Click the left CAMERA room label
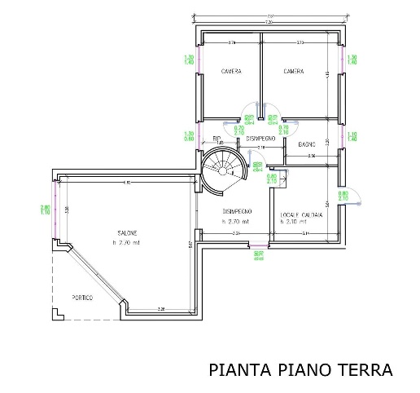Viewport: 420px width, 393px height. (232, 72)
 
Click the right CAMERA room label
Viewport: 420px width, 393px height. (293, 72)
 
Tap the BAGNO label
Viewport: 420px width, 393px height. (306, 144)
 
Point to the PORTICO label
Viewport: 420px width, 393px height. (81, 298)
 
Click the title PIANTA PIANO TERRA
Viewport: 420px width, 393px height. (300, 370)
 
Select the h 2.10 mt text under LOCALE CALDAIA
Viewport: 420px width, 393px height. (293, 222)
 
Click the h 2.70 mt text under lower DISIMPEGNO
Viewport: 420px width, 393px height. (235, 222)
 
